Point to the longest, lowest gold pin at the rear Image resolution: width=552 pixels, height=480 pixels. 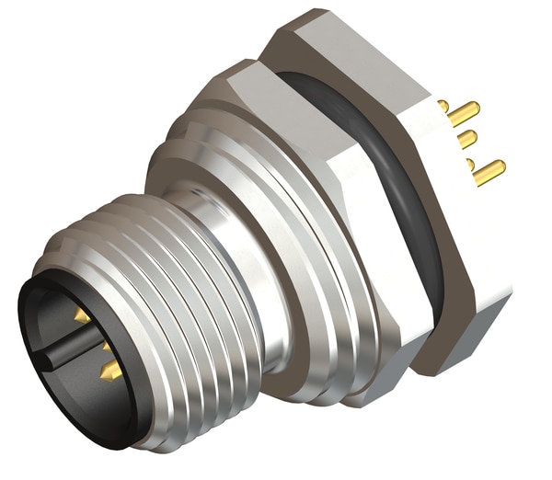489,172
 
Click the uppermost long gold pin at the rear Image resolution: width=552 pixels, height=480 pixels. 464,114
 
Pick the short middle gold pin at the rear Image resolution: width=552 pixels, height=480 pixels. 467,140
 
